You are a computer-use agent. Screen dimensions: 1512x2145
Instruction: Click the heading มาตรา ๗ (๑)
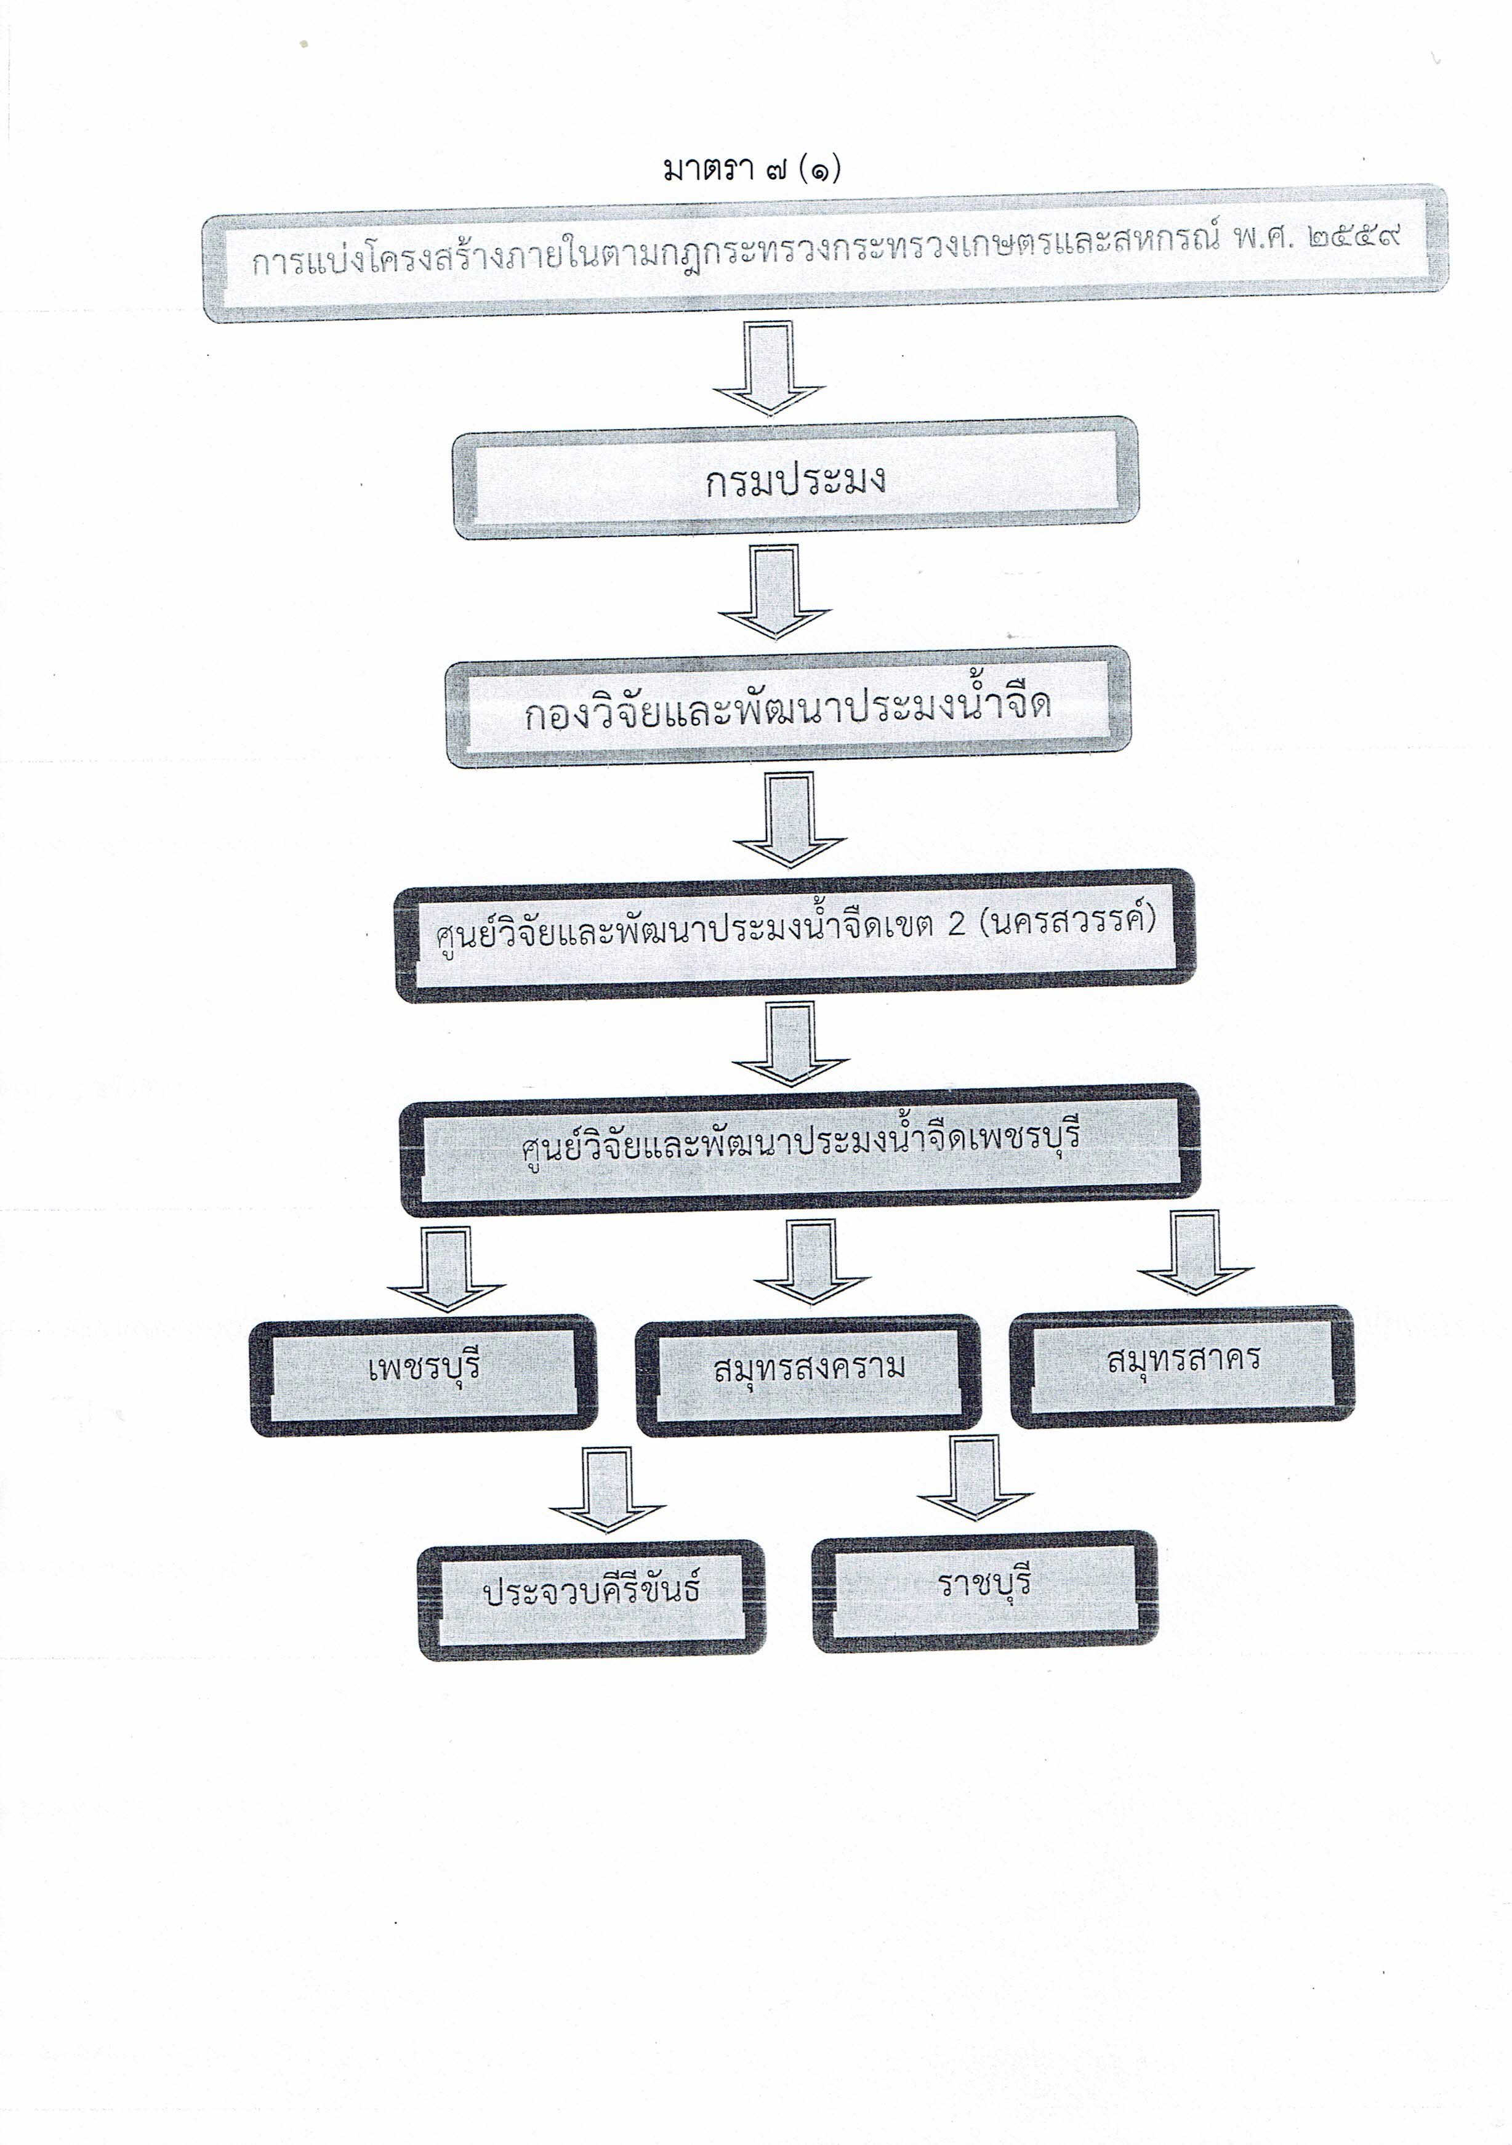(752, 170)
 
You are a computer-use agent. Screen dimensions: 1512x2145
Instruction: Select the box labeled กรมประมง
(795, 477)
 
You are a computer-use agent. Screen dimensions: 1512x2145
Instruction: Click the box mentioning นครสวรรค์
(795, 936)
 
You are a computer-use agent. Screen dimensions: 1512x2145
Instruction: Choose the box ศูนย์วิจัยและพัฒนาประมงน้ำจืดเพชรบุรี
(800, 1149)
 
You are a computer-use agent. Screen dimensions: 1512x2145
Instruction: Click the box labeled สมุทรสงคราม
(809, 1375)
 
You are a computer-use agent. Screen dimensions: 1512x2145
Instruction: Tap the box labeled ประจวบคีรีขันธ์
(591, 1600)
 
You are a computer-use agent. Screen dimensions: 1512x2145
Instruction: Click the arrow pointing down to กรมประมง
(768, 368)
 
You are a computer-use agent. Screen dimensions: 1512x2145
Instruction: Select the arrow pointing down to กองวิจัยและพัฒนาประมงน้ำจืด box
(774, 592)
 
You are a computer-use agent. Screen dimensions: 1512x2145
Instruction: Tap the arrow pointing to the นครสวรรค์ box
(790, 820)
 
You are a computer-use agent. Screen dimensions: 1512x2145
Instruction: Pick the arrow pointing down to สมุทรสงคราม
(811, 1262)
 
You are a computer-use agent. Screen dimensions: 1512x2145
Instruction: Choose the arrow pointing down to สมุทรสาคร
(1196, 1252)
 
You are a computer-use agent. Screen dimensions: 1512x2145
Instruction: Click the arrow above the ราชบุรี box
(975, 1479)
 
